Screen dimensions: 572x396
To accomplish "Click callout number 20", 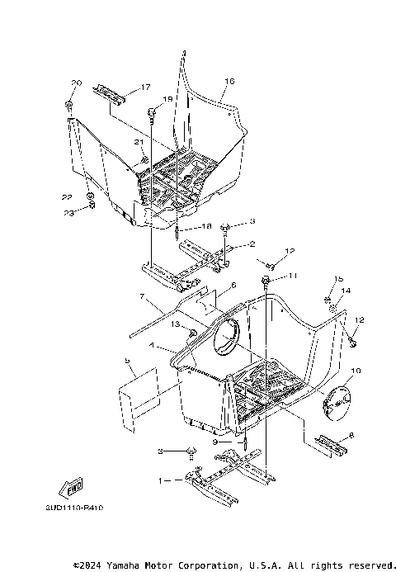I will click(x=77, y=83).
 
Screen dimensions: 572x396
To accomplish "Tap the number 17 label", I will click(x=145, y=87).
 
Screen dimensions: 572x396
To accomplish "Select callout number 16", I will click(x=229, y=81).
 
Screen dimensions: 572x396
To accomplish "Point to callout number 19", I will click(x=167, y=100).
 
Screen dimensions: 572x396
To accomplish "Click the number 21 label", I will click(x=139, y=142).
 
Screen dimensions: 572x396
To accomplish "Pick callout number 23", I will click(x=70, y=213).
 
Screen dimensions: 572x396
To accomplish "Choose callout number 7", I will click(x=142, y=296).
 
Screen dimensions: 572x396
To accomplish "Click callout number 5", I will click(x=127, y=361).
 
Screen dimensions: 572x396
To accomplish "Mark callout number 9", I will click(x=214, y=442).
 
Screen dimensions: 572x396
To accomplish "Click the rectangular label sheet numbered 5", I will click(x=137, y=401).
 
